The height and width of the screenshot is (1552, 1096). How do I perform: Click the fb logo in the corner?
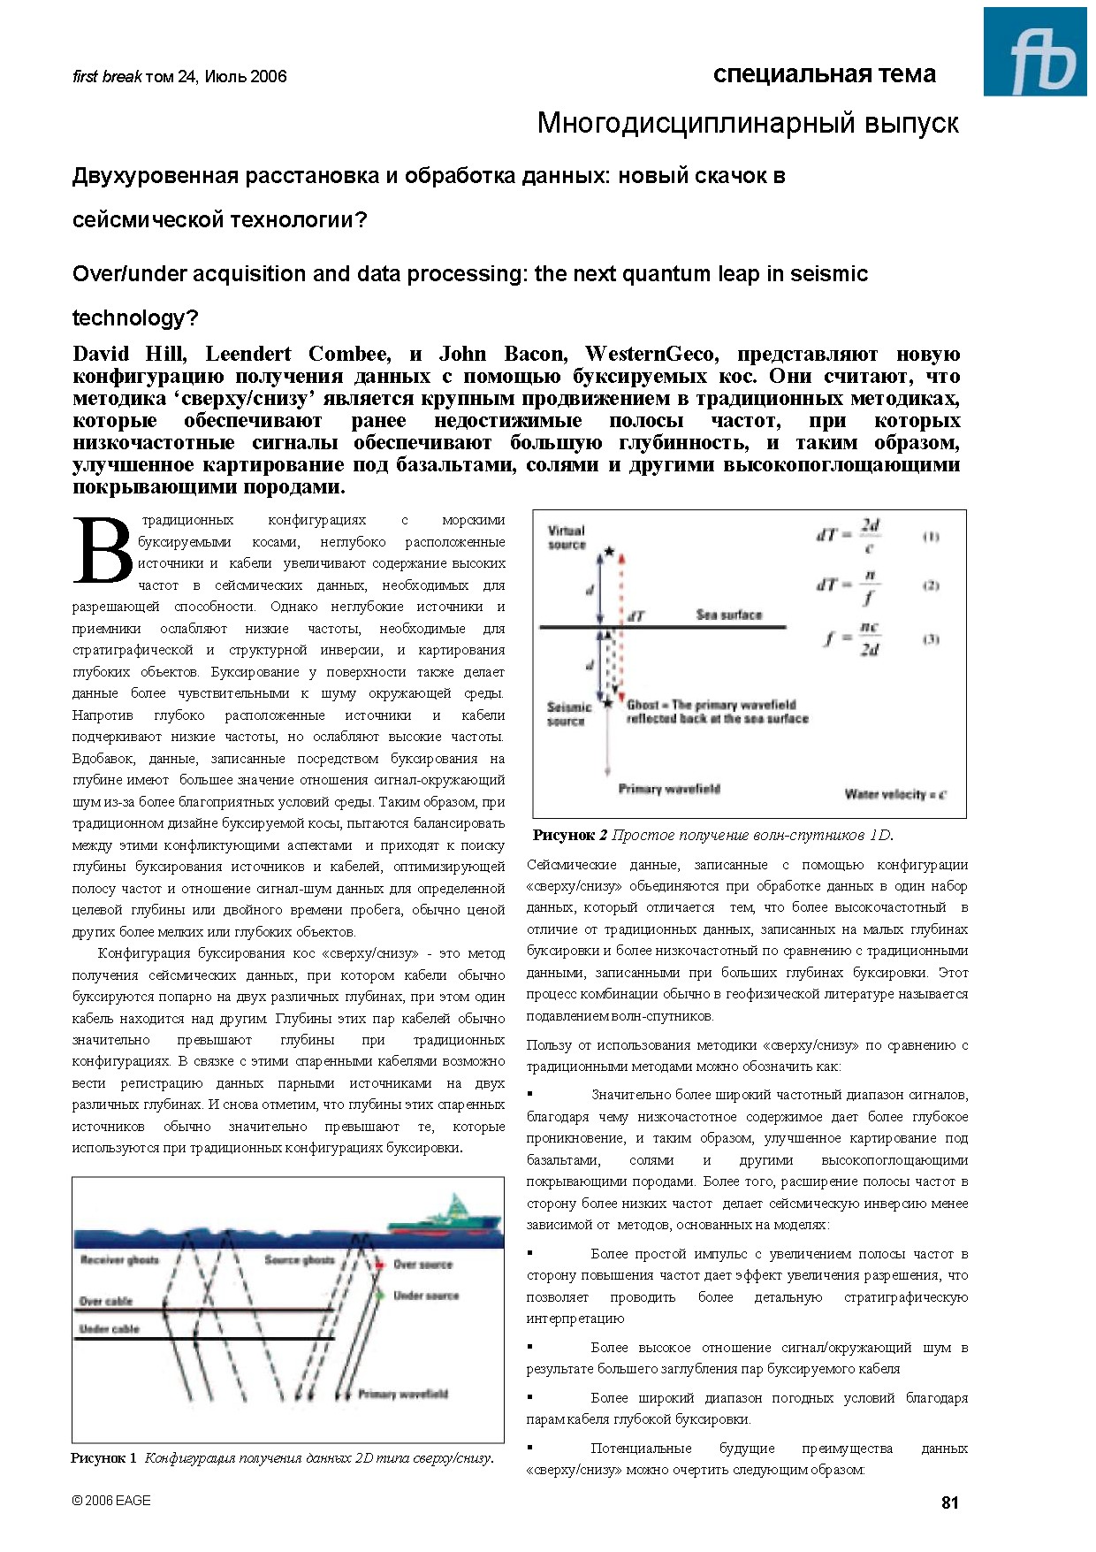point(1035,52)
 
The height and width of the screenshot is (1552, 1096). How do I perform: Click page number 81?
point(950,1502)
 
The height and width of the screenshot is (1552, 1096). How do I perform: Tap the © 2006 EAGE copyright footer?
point(111,1501)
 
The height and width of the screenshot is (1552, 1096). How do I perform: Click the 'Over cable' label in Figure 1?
point(106,1301)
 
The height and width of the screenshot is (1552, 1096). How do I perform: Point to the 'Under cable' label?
point(110,1329)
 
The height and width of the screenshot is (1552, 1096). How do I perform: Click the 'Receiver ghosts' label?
point(119,1259)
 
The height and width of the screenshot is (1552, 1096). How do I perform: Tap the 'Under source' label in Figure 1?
point(426,1296)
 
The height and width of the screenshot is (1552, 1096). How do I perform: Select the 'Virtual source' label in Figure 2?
point(567,538)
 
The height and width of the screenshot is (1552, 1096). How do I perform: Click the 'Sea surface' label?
point(728,615)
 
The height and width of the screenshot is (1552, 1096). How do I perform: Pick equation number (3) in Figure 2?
point(931,638)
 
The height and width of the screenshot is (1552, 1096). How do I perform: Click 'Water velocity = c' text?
point(894,794)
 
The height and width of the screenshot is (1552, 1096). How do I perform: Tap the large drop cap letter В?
point(103,551)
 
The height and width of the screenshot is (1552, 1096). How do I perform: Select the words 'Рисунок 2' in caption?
point(570,835)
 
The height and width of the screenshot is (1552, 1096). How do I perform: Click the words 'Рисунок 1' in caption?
point(104,1458)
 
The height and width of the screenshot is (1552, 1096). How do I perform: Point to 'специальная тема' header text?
point(824,74)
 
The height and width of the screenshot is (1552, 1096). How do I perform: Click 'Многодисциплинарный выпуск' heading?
point(748,123)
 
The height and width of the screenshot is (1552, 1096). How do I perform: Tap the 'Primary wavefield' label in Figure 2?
point(669,789)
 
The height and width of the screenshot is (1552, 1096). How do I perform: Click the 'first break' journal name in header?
point(106,77)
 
